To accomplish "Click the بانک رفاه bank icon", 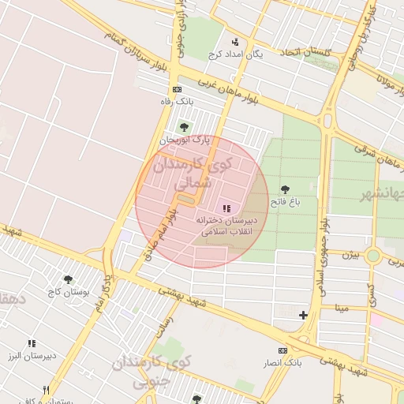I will coord(177,89).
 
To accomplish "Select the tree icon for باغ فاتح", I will coord(285,189).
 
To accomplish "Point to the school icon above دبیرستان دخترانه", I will coord(227,208).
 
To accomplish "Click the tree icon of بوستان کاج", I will coord(69,279).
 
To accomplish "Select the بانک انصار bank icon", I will coord(282,350).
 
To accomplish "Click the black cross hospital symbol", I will coord(304,316).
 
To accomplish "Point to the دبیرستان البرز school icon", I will coord(32,344).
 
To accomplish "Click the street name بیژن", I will coord(350,255).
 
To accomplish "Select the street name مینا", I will coord(341,307).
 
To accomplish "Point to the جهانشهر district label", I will coord(384,195).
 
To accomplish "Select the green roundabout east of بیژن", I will coord(373,256).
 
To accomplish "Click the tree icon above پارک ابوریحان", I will coord(184,126).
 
